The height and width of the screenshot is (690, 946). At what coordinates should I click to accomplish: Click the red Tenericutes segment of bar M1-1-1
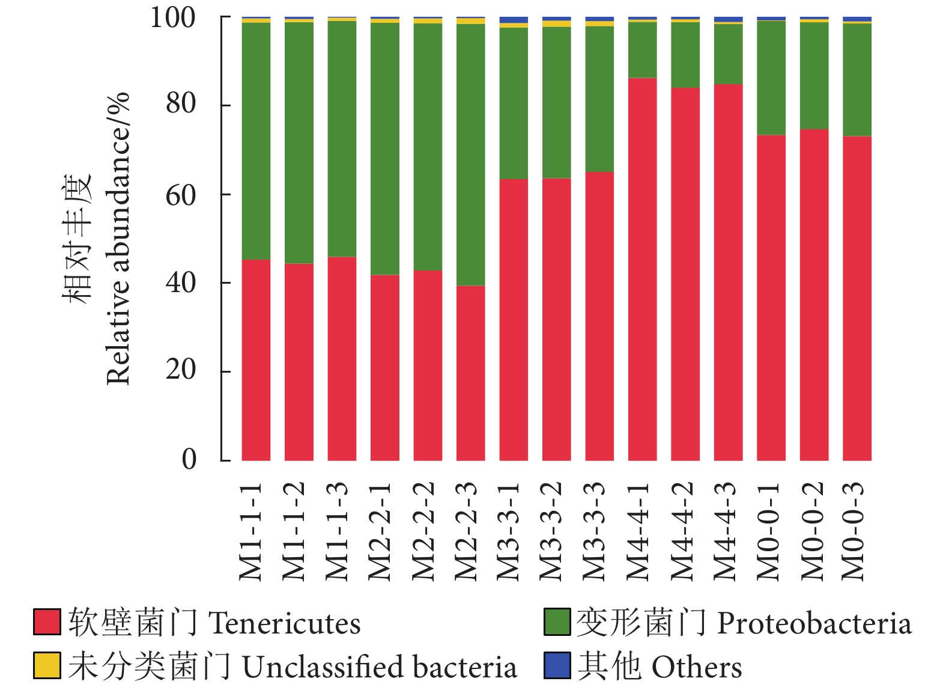[256, 360]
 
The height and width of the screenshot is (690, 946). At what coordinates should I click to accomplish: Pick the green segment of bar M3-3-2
[557, 102]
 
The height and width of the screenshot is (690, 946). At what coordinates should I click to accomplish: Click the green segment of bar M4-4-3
[728, 54]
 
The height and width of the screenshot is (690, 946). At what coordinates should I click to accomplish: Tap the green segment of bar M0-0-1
[771, 78]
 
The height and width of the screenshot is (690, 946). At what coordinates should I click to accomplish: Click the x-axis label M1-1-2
[294, 531]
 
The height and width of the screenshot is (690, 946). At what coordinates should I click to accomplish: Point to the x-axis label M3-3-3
[595, 531]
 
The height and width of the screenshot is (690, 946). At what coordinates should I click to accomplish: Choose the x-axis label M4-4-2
[682, 531]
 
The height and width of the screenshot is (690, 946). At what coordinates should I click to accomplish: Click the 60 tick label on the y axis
[181, 195]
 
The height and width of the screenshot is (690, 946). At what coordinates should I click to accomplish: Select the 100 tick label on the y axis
[173, 17]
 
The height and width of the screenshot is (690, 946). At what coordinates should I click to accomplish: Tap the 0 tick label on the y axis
[189, 459]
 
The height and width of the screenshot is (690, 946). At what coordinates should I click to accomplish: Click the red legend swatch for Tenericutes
[47, 622]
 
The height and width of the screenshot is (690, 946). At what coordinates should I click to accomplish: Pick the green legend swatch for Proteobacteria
[557, 622]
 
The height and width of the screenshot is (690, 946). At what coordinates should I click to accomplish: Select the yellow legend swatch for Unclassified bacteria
[47, 665]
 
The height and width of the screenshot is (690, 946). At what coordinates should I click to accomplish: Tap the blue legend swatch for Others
[557, 665]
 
